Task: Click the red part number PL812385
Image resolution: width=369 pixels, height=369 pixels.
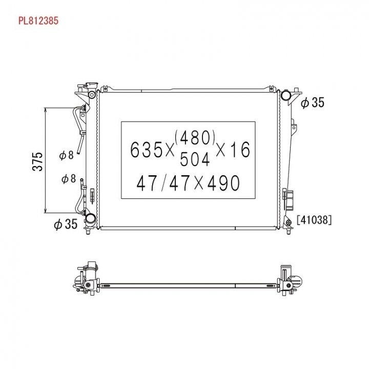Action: (38, 20)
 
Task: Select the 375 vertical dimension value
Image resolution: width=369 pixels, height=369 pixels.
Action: (37, 161)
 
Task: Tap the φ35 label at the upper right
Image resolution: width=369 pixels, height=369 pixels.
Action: (313, 102)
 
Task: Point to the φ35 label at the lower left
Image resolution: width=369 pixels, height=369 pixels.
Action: (66, 224)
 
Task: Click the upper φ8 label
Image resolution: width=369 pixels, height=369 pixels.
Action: (67, 155)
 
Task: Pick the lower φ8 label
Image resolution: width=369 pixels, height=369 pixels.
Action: (69, 179)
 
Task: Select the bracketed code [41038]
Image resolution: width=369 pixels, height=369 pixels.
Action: (314, 220)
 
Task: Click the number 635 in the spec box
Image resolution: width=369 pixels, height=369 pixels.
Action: (146, 150)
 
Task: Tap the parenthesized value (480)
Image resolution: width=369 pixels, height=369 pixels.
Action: (195, 138)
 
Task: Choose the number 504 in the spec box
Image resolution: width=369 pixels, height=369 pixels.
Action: (195, 159)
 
